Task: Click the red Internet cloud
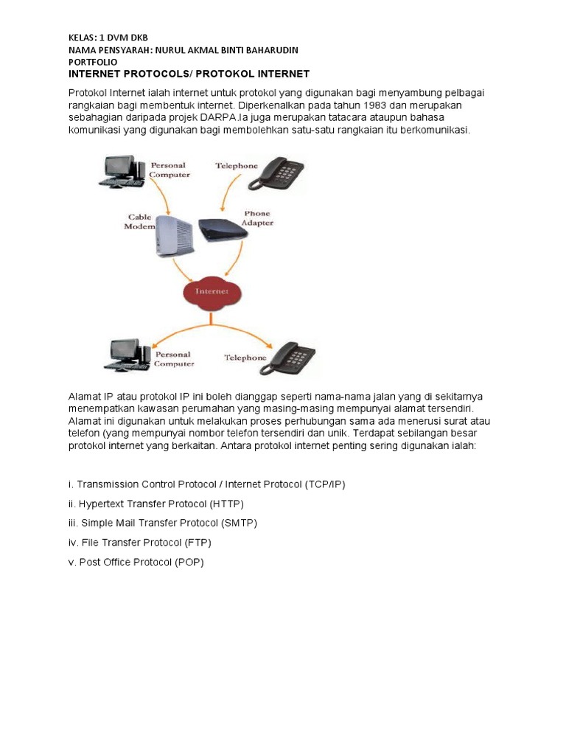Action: click(212, 292)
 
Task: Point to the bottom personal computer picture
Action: click(126, 355)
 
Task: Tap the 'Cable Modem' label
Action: click(139, 222)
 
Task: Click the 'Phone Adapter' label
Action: click(257, 218)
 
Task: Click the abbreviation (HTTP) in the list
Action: click(226, 504)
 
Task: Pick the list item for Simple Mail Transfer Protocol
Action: click(162, 523)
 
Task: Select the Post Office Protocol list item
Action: click(136, 562)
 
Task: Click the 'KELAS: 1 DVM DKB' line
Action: click(113, 37)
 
